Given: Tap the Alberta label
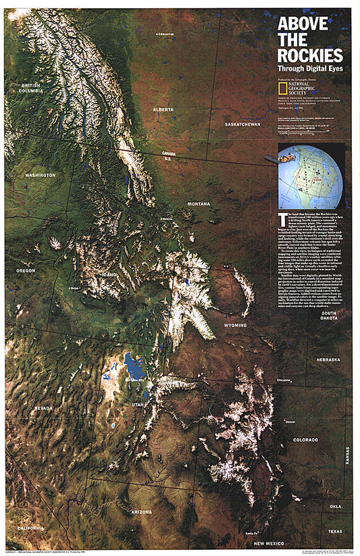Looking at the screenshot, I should point(163,109).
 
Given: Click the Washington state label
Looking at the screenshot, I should point(40,175).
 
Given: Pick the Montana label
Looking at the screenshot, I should point(199,203).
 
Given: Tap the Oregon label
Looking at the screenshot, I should point(26,270).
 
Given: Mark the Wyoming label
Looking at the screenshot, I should point(236,325).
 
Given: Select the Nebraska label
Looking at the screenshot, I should point(328,359).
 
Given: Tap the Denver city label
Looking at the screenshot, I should point(290,422).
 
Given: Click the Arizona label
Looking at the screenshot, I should point(142,512).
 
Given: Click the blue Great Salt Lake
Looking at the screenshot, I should point(133,367).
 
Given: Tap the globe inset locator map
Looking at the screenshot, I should point(310,176).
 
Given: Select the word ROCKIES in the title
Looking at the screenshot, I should point(310,55).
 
